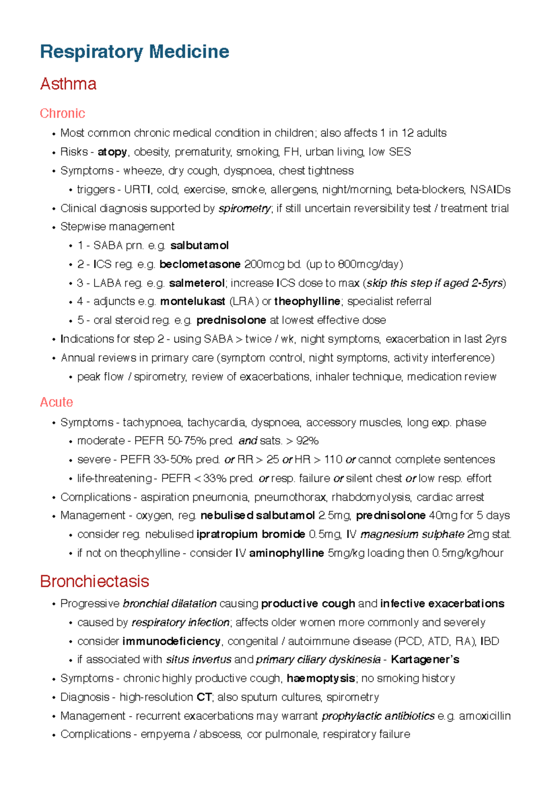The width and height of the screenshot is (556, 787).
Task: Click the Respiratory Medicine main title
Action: [134, 51]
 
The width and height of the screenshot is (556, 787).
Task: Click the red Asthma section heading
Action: [68, 84]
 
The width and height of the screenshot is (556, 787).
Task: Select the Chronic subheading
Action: [63, 113]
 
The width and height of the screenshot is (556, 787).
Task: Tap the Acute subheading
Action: [57, 402]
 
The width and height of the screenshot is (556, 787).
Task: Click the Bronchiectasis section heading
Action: [95, 581]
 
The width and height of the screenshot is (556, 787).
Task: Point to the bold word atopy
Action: [112, 152]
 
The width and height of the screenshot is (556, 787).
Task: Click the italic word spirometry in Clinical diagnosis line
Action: [244, 209]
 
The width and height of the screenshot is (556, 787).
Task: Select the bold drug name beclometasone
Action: [200, 264]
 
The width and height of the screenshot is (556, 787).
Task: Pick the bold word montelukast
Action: [193, 302]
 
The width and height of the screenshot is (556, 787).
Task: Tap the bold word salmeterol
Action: [196, 283]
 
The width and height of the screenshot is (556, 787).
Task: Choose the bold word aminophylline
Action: [286, 553]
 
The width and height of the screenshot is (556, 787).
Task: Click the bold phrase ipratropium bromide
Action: [251, 534]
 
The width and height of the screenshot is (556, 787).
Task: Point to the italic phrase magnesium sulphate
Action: [412, 534]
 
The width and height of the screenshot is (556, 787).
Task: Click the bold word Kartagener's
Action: [425, 660]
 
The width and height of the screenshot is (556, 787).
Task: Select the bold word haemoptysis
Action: [321, 679]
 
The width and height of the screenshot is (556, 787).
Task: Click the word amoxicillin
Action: [485, 716]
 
